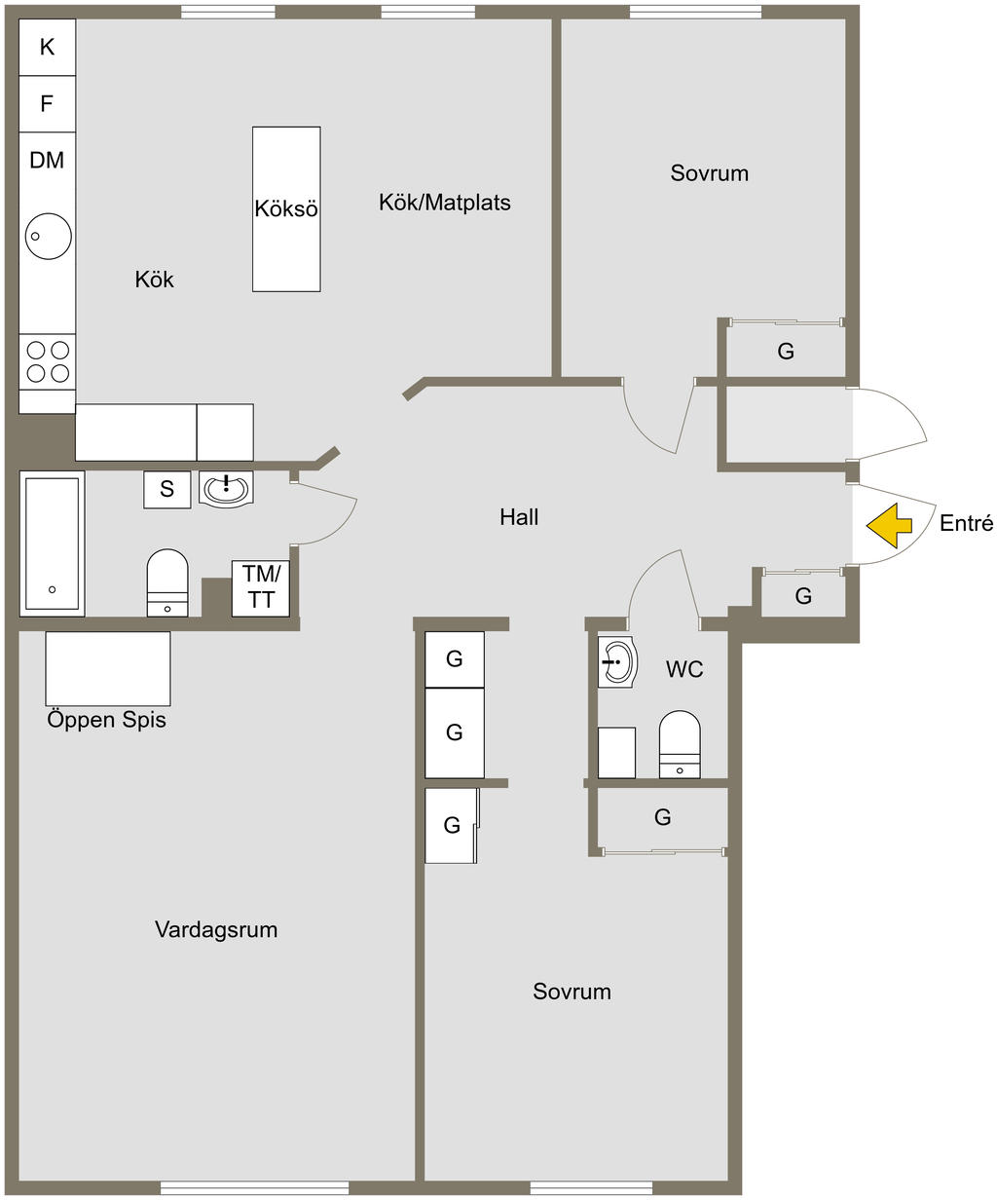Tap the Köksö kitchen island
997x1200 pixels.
point(286,208)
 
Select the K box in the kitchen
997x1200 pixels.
point(47,47)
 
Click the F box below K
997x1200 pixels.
point(47,103)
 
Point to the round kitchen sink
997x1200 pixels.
point(47,235)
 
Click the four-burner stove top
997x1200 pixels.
point(48,360)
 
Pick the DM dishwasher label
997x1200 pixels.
point(47,161)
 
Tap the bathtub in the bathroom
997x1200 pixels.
point(52,544)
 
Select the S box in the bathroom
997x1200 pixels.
point(167,489)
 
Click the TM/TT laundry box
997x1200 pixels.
point(261,588)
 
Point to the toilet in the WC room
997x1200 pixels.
point(680,744)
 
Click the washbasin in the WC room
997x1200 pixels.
point(616,663)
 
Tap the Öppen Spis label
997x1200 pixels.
point(107,721)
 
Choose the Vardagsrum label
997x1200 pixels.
point(216,929)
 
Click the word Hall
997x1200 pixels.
point(519,517)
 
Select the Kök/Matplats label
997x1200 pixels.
point(444,203)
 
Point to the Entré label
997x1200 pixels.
point(966,524)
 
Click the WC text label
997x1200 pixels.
point(684,670)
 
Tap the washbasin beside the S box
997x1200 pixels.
point(226,487)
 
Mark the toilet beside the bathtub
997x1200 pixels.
point(167,582)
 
